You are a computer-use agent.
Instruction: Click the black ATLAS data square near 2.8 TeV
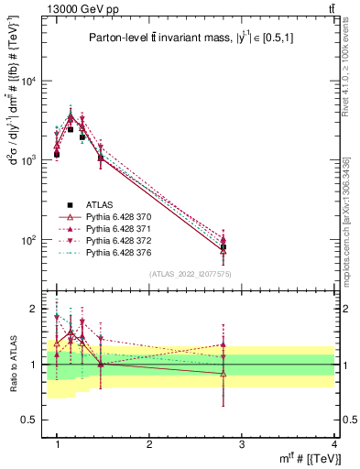pyautogui.click(x=224, y=247)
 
